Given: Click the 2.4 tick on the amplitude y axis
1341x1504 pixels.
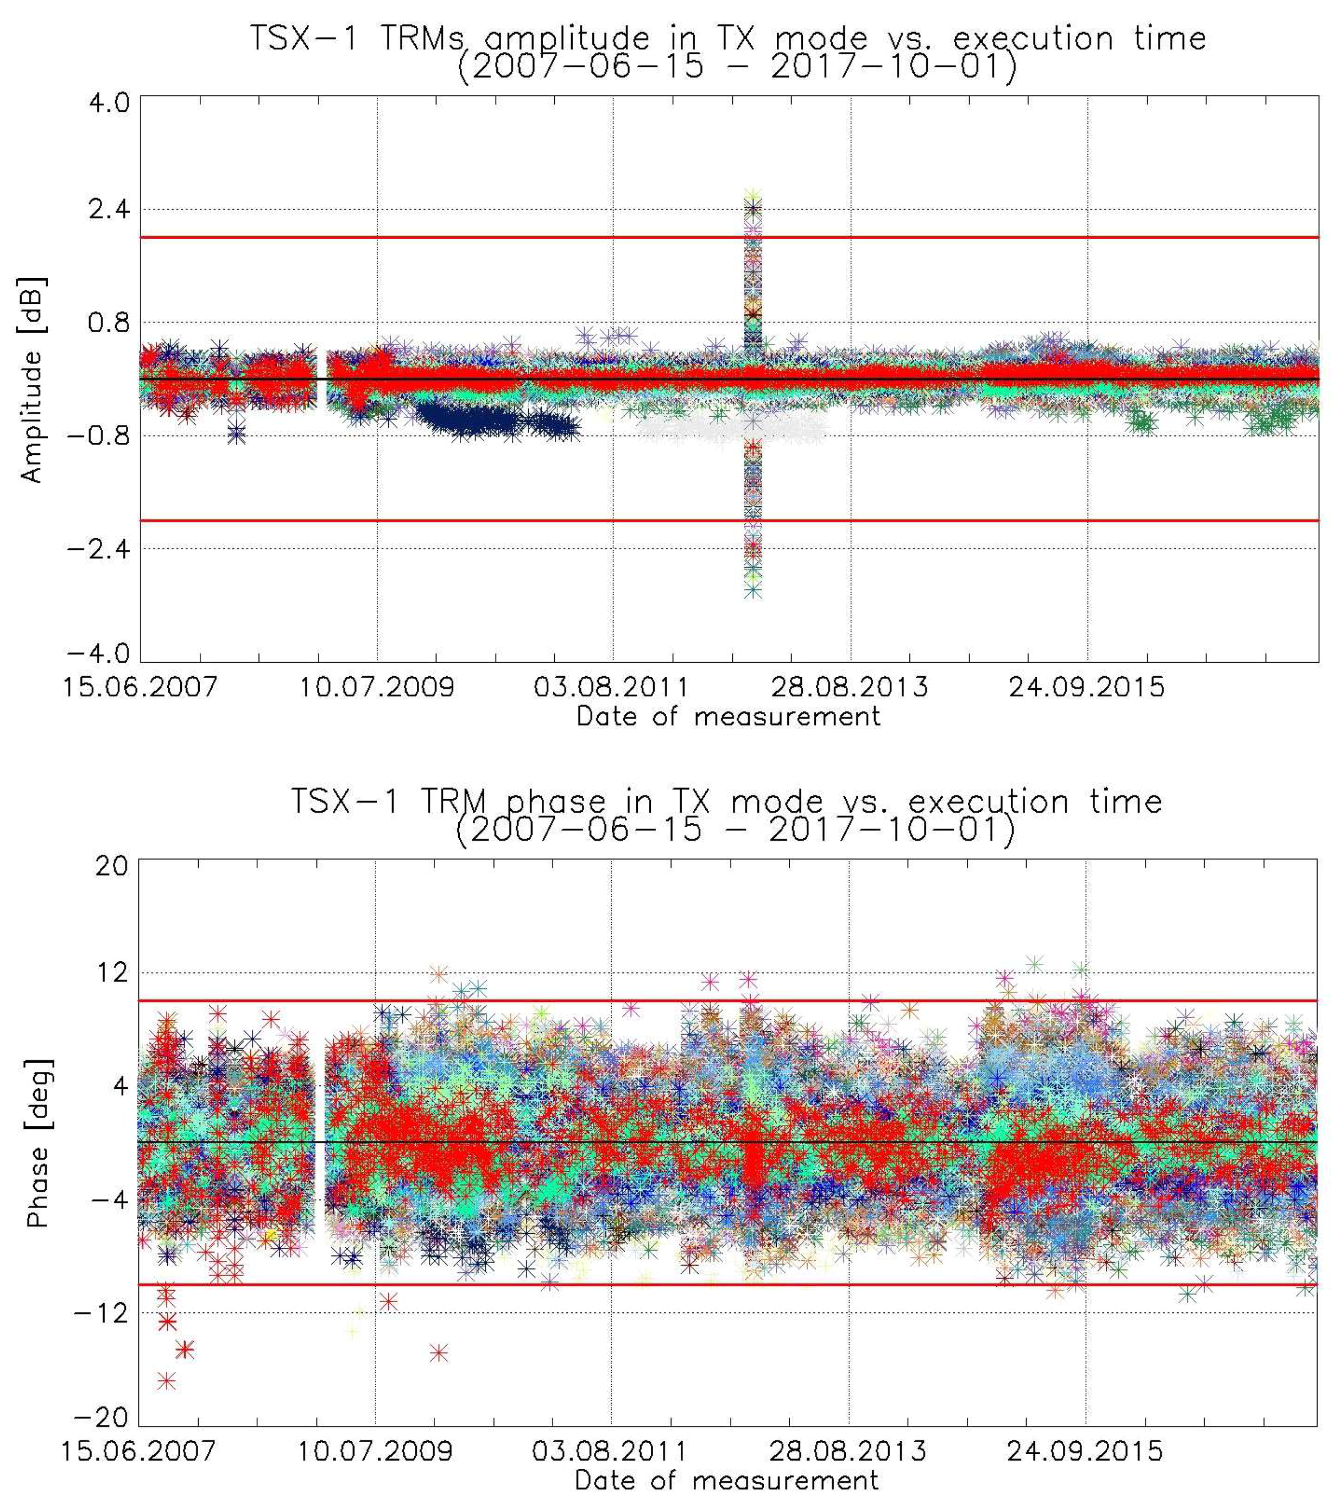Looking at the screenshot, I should (109, 210).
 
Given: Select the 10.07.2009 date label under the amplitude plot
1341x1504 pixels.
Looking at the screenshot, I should (377, 687).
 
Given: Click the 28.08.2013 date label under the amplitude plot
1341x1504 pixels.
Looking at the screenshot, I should (850, 687).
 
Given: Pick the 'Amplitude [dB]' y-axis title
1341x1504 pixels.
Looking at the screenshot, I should (33, 379).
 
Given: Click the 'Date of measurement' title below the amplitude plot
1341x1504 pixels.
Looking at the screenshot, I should (728, 716).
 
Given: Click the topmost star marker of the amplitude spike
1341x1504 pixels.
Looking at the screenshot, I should (752, 195).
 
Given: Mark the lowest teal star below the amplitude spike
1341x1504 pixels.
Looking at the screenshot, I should (752, 590).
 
